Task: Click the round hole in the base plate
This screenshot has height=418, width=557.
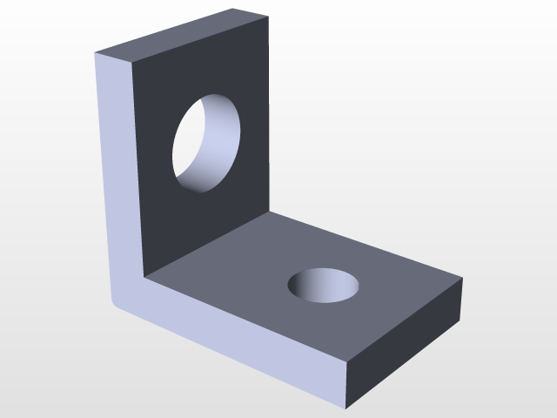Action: tap(325, 285)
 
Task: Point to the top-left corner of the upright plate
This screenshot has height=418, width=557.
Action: tap(95, 52)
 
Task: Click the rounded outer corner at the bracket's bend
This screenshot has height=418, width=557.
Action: tap(112, 301)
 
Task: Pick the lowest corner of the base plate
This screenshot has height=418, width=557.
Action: tap(346, 408)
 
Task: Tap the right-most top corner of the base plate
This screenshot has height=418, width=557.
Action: tap(462, 279)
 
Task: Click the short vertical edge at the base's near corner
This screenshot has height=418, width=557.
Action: tap(346, 383)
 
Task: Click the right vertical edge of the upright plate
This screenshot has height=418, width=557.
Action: tap(268, 113)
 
